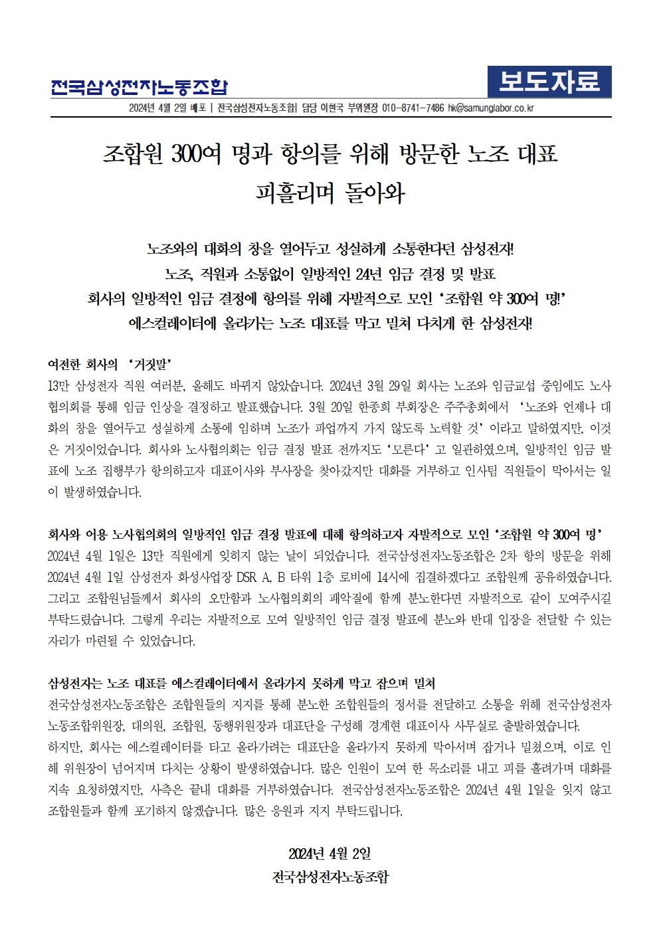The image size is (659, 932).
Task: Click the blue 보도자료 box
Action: pos(549,82)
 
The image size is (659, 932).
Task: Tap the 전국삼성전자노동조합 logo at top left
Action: pos(140,87)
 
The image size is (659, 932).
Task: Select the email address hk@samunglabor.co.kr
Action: pos(490,108)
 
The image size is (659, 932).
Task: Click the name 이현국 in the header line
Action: pos(331,108)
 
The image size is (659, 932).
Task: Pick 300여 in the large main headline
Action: pos(196,154)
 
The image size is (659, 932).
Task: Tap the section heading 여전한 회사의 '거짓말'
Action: pos(110,364)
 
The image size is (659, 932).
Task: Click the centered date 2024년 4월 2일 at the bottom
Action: pos(329,854)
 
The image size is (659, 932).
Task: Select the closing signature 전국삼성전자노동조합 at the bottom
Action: pos(330,877)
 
